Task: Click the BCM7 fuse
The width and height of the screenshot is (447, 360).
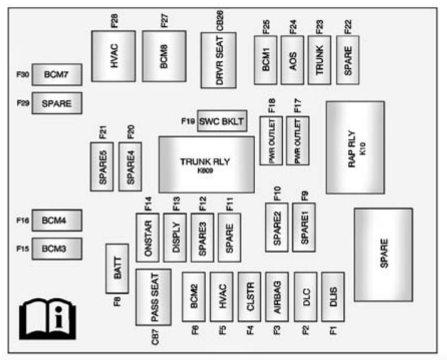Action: click(56, 75)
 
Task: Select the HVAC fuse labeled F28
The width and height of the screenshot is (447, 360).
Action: click(113, 56)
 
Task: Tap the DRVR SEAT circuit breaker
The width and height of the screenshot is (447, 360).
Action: click(218, 60)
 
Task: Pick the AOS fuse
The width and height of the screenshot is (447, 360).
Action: click(292, 60)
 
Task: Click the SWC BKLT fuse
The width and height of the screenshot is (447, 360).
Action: click(221, 120)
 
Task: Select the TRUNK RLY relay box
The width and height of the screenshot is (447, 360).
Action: click(206, 164)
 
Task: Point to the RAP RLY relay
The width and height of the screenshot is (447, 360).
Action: click(355, 147)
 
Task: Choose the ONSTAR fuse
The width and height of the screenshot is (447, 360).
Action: click(147, 237)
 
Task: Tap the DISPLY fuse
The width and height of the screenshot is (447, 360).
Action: click(175, 237)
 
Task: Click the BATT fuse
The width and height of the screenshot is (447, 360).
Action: click(117, 268)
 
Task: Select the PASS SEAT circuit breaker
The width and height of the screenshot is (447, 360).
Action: click(153, 297)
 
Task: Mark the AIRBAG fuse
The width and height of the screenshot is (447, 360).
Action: click(277, 297)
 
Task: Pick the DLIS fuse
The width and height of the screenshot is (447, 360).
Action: click(332, 297)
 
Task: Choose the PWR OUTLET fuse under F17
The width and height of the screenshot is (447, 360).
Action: click(298, 140)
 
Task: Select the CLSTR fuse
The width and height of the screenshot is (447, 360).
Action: click(250, 297)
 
